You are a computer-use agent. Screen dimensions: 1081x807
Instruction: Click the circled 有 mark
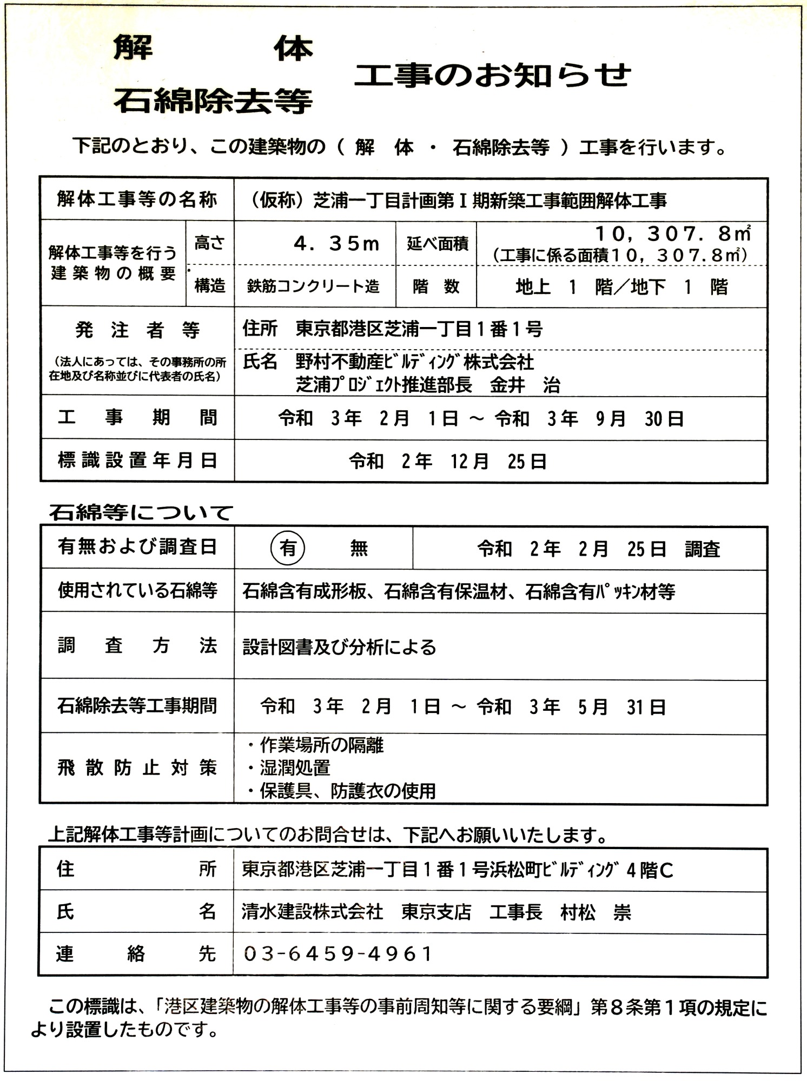tap(288, 548)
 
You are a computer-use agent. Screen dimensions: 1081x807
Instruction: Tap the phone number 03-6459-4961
tap(338, 954)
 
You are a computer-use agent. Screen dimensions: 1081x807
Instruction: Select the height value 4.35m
tap(336, 244)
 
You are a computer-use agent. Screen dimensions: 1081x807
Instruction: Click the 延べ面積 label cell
tap(437, 244)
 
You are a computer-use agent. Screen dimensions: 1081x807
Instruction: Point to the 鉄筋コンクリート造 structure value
tap(313, 286)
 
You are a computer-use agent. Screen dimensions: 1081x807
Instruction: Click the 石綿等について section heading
tap(141, 512)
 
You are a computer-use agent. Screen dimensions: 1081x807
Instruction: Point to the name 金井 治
tap(525, 385)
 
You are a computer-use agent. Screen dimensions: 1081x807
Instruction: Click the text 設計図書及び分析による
tap(339, 647)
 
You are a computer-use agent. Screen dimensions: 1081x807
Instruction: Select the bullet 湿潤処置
tap(295, 768)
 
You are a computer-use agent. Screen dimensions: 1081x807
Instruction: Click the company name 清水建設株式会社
tap(312, 912)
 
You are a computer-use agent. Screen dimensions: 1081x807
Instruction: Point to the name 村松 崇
tap(596, 912)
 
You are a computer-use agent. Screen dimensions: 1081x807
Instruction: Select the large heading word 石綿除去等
tap(213, 101)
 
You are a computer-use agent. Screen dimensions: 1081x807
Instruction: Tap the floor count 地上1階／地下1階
tap(621, 286)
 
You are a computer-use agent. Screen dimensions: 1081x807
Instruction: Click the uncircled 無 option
tap(359, 549)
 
